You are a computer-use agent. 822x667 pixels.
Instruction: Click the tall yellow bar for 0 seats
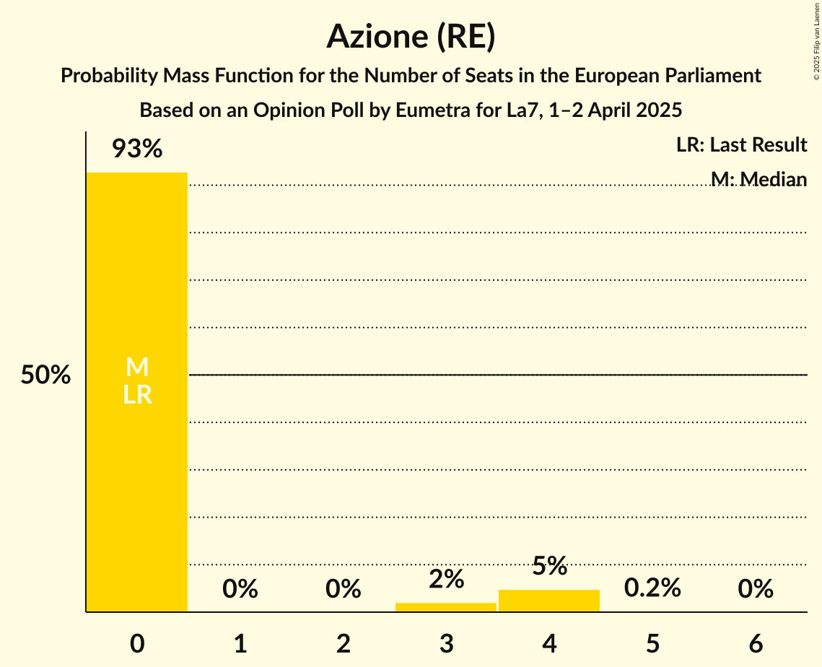coord(137,469)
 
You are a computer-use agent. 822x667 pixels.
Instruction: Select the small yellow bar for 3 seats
coord(446,607)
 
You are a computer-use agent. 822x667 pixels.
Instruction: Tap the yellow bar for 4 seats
coord(549,601)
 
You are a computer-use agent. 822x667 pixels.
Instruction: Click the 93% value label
coord(137,149)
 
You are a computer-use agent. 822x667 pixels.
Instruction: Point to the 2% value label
coord(446,579)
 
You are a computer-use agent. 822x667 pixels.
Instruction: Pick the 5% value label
coord(549,566)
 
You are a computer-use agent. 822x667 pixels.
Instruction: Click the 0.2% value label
coord(652,588)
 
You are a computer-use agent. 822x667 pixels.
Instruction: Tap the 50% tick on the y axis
coord(45,375)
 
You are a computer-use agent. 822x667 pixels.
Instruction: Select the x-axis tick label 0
coord(137,644)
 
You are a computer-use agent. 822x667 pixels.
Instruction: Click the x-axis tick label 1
coord(240,644)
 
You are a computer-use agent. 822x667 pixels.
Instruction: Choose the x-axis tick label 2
coord(344,644)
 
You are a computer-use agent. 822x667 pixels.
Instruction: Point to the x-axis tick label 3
coord(446,644)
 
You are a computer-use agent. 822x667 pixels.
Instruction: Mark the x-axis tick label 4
coord(549,644)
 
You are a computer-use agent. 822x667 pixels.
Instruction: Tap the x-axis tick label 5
coord(652,644)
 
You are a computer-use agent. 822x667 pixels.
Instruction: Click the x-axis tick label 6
coord(756,644)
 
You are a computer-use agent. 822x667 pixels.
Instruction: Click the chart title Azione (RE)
coord(411,36)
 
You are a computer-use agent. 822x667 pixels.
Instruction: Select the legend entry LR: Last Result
coord(741,145)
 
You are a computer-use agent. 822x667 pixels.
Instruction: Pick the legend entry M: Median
coord(758,179)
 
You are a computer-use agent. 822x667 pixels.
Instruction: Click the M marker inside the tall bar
coord(137,367)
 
